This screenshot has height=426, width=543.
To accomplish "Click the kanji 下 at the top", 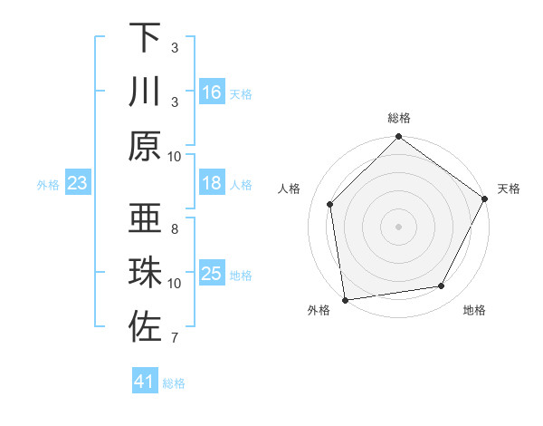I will [145, 37].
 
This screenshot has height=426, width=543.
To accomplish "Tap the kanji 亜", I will [145, 218].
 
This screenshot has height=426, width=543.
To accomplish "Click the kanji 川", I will [145, 92].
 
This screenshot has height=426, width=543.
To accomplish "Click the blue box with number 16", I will [212, 92].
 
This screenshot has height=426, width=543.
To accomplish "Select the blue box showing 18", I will [212, 184].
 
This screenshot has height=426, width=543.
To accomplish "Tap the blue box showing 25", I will [212, 274].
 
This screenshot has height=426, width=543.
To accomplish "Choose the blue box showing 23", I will [78, 184].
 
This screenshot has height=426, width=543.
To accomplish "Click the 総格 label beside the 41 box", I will [174, 383].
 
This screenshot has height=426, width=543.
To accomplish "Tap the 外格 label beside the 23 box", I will [48, 185].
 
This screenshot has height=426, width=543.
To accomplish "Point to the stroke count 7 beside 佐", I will [174, 339].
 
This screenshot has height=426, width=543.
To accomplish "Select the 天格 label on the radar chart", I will [509, 189].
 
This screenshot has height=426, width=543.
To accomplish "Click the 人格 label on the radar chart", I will [291, 189].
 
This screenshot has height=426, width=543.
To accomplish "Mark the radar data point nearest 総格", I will [398, 138].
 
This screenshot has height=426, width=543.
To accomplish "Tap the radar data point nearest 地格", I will [442, 286].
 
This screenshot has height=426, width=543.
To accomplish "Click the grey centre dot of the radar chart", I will [398, 226].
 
